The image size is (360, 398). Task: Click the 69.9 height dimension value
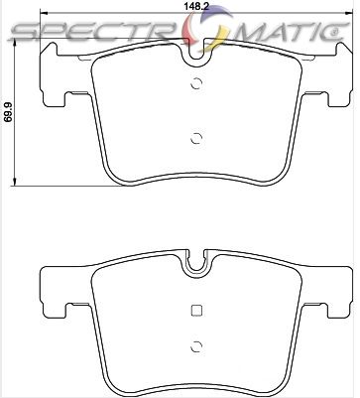9,116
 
